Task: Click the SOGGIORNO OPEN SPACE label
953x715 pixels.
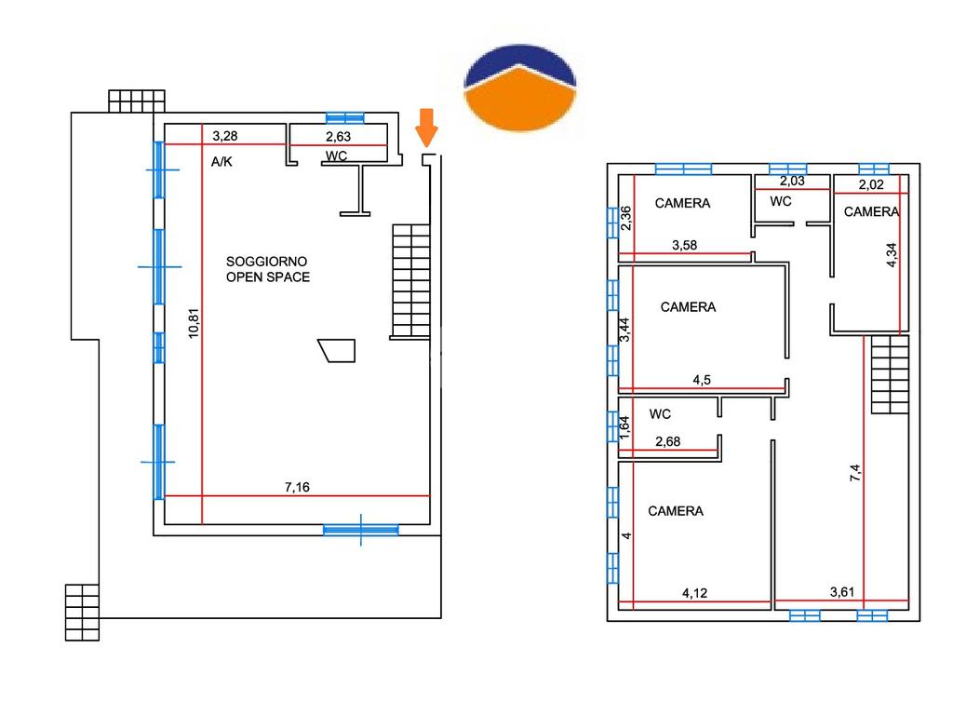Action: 268,270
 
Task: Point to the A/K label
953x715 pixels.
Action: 221,161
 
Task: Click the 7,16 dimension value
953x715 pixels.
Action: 297,487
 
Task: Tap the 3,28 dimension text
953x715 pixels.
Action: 225,136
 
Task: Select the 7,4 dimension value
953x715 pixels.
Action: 855,473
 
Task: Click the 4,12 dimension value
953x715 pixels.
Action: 695,592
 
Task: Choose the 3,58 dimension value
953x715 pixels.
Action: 686,246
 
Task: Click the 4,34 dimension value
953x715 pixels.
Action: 892,255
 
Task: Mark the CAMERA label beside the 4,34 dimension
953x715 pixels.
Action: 871,211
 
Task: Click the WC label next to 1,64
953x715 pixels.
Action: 661,413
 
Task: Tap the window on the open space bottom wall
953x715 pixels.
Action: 361,529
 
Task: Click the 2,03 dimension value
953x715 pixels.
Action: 792,182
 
